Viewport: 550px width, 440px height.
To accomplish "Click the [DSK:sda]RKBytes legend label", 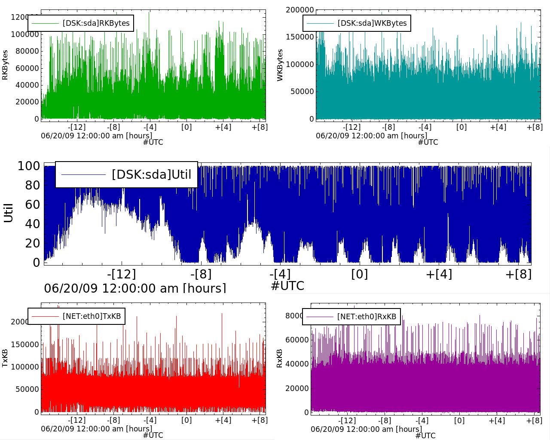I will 96,23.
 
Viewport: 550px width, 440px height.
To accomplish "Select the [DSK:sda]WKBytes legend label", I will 372,23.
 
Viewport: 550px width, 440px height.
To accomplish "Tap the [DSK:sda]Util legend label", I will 151,174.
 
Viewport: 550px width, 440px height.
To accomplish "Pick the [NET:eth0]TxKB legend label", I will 92,317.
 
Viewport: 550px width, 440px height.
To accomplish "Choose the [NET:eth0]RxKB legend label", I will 367,317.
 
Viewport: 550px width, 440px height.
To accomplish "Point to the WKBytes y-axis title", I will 280,65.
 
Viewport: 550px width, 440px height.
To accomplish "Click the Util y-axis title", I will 8,213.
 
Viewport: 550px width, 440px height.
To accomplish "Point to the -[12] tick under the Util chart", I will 122,274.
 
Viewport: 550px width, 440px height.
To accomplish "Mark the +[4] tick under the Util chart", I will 439,274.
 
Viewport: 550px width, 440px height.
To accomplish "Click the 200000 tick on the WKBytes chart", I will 299,10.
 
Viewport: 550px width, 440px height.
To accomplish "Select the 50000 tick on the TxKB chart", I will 27,389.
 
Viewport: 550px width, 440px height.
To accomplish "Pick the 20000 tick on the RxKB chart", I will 297,388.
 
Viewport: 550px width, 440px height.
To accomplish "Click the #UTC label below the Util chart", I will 287,286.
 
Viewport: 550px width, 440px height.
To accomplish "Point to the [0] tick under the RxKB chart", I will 460,420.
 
